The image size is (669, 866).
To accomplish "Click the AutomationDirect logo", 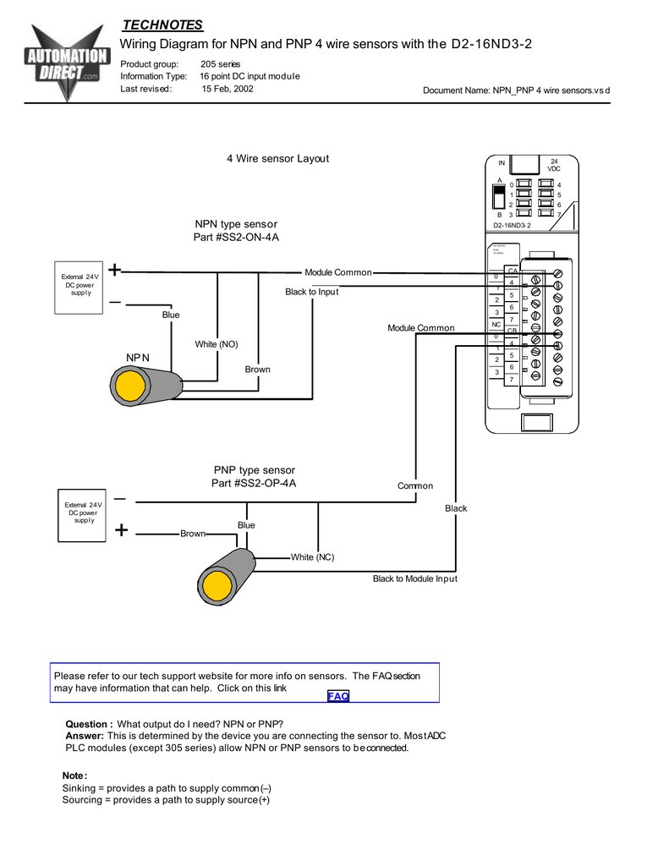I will click(x=69, y=64).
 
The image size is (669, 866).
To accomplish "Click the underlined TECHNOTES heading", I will click(x=163, y=25).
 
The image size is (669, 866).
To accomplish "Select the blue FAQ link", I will click(x=338, y=696).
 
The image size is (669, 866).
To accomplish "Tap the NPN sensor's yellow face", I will click(x=131, y=385).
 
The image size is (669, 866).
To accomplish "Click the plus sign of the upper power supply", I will click(x=114, y=271).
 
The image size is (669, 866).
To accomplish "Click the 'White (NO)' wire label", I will click(x=217, y=344).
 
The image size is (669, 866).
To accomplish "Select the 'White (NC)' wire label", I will click(x=313, y=557).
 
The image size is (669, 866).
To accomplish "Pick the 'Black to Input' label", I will click(x=311, y=292).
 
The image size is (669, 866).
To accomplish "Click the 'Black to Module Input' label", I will click(x=414, y=578).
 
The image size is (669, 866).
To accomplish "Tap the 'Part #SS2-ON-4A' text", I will click(x=236, y=238).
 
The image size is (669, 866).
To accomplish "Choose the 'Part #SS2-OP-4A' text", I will click(x=254, y=484).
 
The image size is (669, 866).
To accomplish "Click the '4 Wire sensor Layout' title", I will click(x=277, y=158).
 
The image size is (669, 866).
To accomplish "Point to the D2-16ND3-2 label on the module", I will click(x=512, y=225).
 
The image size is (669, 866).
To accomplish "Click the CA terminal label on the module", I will click(x=512, y=270).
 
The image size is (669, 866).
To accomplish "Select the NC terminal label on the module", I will click(x=496, y=324).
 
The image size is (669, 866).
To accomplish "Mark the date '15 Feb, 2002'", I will click(x=227, y=89).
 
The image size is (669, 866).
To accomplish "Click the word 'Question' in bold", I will click(x=88, y=724).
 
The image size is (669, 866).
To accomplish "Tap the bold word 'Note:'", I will click(x=74, y=776).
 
